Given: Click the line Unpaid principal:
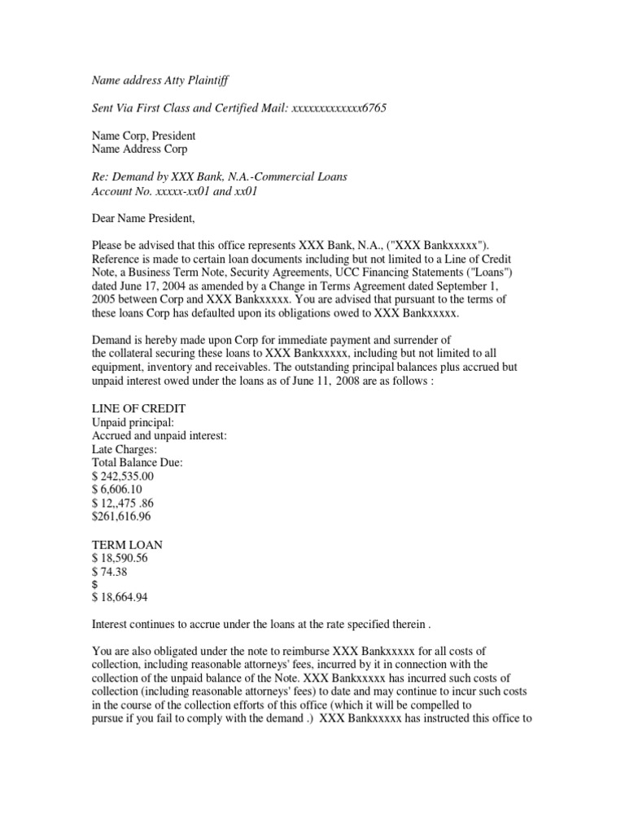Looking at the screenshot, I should [x=133, y=421].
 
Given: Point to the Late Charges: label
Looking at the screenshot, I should [x=125, y=448].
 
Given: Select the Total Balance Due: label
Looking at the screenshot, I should [x=138, y=462].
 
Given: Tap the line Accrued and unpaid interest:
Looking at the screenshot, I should [x=160, y=435].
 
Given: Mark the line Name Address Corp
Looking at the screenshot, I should [x=139, y=150].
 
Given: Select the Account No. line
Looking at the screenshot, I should [x=177, y=190].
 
